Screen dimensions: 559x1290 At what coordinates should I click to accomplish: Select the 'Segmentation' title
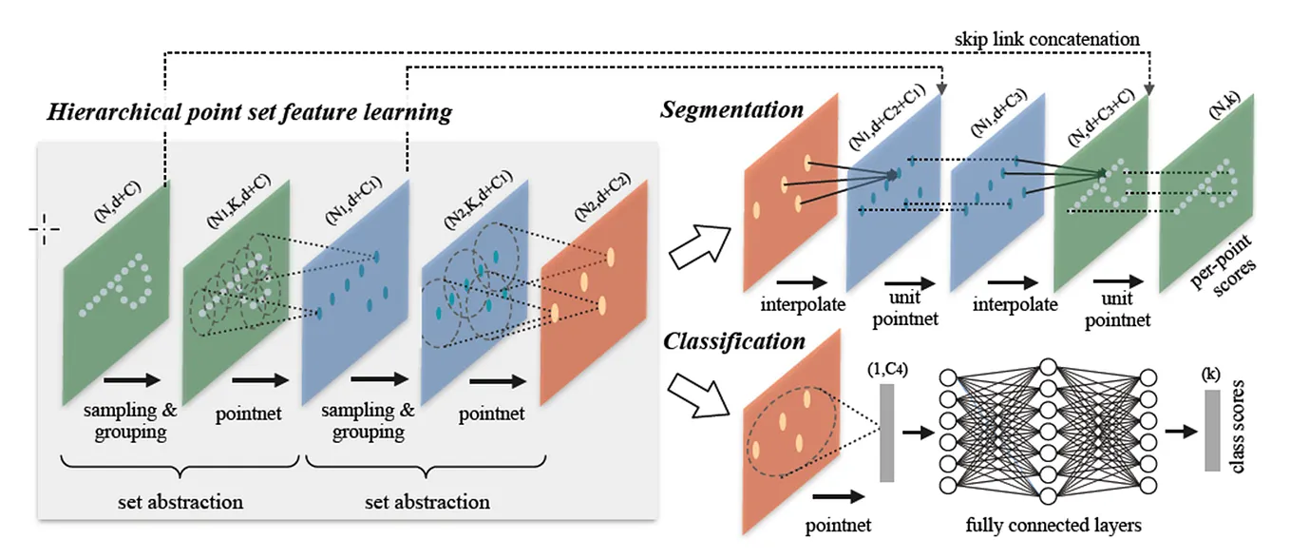coord(732,109)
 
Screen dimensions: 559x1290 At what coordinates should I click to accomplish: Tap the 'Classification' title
coord(734,340)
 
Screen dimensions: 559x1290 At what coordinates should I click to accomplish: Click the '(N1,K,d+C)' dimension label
coord(234,202)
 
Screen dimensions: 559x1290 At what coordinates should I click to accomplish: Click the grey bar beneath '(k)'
coord(1211,430)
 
